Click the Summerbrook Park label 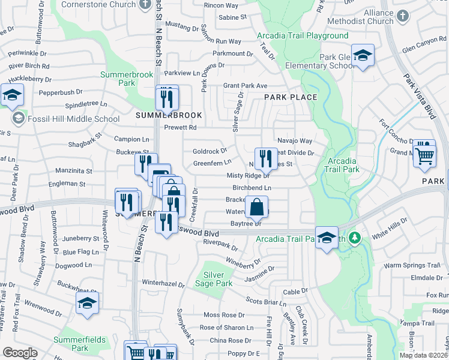[x=119, y=79]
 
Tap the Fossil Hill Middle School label [x=74, y=118]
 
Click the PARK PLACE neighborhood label [x=291, y=97]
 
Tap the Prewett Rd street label [x=181, y=128]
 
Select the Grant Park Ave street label [x=245, y=86]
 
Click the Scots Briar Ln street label [x=266, y=301]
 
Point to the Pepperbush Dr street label [x=61, y=92]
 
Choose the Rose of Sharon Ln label [x=226, y=328]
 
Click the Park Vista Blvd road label [x=418, y=97]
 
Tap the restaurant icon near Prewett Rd [x=167, y=97]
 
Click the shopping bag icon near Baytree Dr [x=256, y=207]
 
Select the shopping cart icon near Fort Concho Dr [x=425, y=155]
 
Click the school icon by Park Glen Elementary [x=363, y=56]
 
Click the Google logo [x=20, y=353]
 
